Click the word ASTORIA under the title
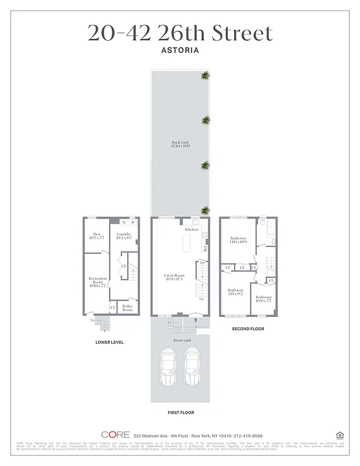[179, 50]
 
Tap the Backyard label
[179, 144]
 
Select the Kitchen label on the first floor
[192, 230]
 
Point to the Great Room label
[173, 276]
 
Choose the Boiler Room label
[127, 308]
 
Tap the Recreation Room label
[97, 281]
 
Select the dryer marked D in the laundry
[133, 222]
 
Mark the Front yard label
[182, 340]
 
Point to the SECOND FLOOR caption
[248, 329]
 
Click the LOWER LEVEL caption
[110, 342]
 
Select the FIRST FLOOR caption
[180, 412]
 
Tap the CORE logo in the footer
[115, 435]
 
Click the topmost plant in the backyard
[205, 75]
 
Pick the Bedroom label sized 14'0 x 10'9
[238, 239]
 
